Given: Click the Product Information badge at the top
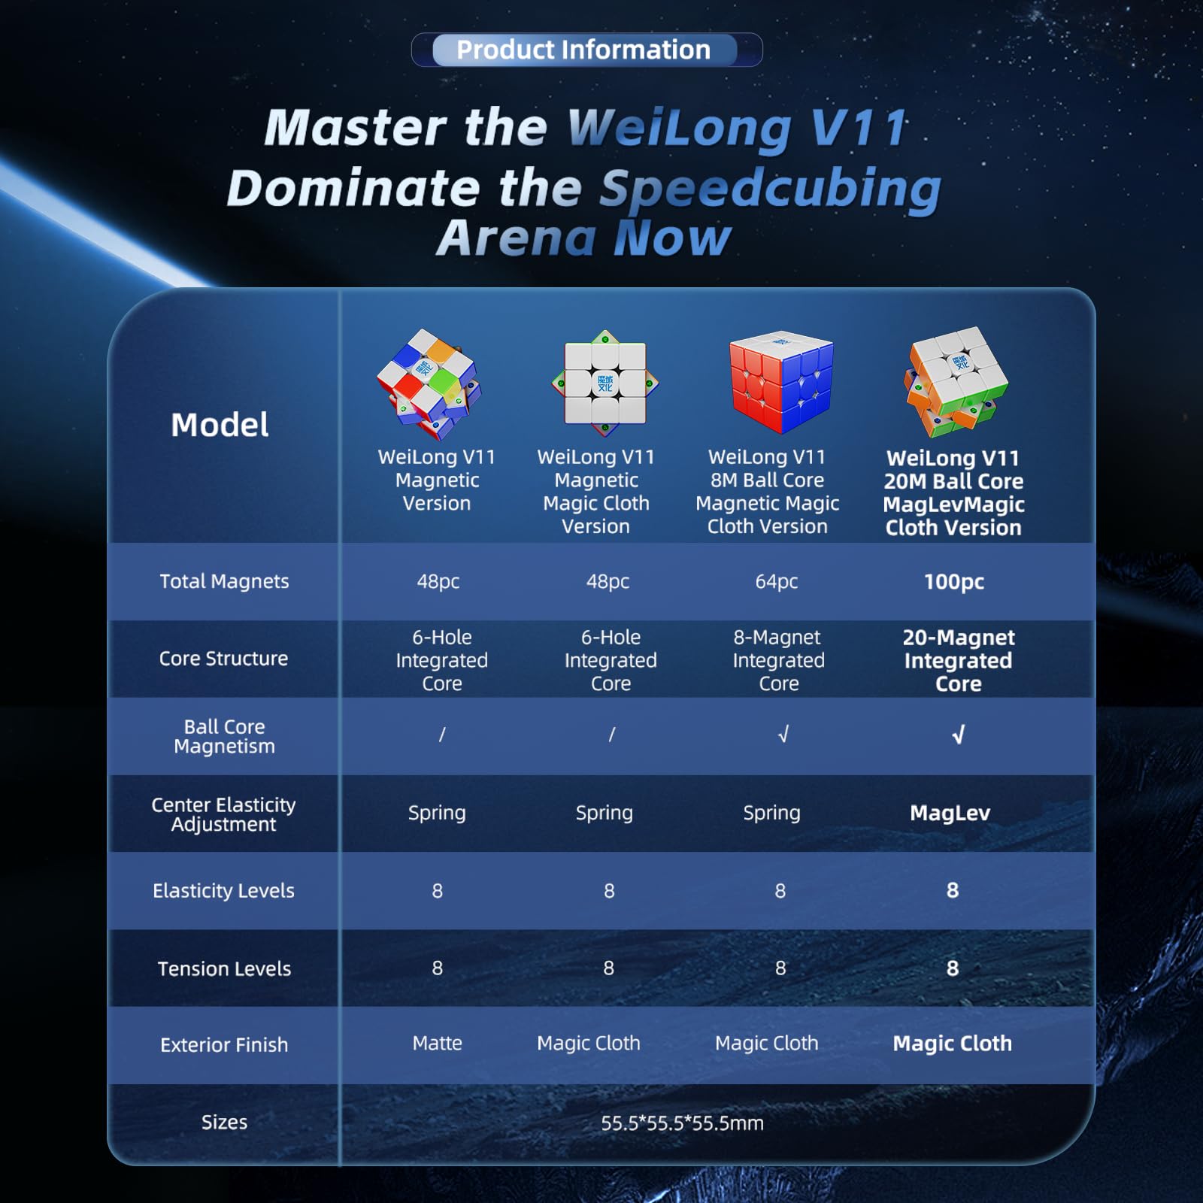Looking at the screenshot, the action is pos(586,50).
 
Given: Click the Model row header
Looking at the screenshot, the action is pos(220,425).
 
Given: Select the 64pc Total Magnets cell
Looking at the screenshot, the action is pos(777,581).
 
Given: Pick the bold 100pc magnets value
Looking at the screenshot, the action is pos(954,582).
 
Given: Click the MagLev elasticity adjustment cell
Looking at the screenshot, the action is pos(950,813).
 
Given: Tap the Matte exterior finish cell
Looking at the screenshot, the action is pos(437,1043).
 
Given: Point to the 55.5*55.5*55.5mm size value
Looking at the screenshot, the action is pos(682,1123).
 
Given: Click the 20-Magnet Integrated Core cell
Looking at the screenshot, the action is pos(959,660).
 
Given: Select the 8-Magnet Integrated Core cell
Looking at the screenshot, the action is pos(778,660).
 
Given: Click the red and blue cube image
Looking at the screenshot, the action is pos(781,382).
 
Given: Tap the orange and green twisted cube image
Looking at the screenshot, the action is pos(956,381).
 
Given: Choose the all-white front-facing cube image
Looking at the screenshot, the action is pos(605,383).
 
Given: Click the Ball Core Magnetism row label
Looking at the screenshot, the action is pos(224,736).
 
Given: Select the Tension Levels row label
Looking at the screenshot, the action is pos(224,968).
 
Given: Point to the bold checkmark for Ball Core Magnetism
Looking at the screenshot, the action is pos(958,735).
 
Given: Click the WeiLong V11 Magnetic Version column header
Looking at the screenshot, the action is pos(437,480).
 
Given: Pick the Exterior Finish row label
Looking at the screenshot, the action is pos(224,1044).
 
